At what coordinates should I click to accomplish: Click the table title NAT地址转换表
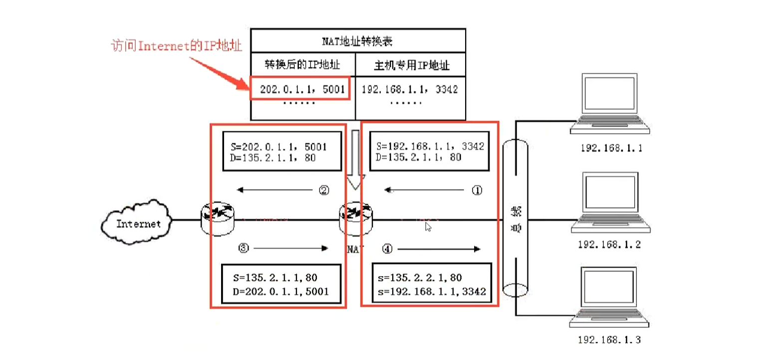pyautogui.click(x=358, y=40)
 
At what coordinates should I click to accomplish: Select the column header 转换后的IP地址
pyautogui.click(x=303, y=64)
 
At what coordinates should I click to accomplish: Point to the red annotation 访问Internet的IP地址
pyautogui.click(x=176, y=46)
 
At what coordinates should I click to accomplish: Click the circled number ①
pyautogui.click(x=477, y=190)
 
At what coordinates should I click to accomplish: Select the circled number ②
pyautogui.click(x=324, y=190)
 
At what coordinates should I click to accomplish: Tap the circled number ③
pyautogui.click(x=244, y=248)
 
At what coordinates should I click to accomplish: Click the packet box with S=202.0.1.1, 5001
pyautogui.click(x=282, y=152)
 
